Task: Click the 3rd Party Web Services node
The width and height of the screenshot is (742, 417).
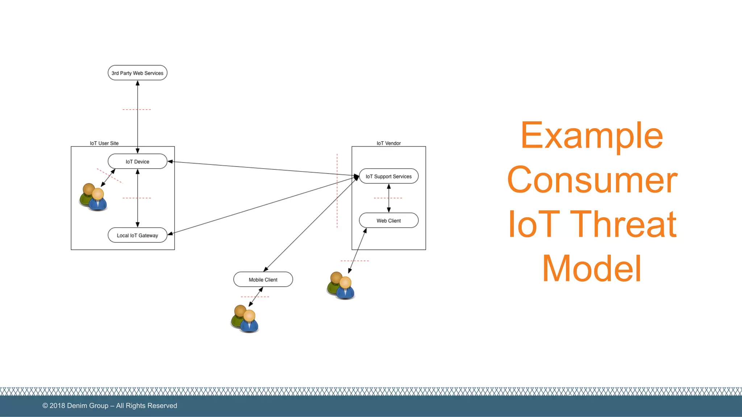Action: coord(137,73)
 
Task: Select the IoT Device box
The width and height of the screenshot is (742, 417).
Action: coord(137,161)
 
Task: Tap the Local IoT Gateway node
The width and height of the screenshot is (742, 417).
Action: coord(137,235)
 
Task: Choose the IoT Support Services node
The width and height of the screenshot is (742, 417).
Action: coord(388,176)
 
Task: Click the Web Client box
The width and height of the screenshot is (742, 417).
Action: coord(388,220)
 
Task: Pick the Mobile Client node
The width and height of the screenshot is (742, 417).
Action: coord(263,279)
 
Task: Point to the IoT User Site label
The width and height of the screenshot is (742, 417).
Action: coord(104,143)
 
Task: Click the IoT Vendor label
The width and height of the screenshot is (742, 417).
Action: coord(388,143)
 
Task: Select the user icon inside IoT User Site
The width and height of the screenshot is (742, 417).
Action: coord(93,197)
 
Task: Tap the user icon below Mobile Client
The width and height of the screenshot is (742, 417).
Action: coord(245,319)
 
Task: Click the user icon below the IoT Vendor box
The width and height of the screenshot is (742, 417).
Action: coord(341,286)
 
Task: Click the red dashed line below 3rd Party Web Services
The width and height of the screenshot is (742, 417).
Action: coord(137,109)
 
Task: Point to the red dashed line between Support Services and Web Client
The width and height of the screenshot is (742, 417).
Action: coord(388,198)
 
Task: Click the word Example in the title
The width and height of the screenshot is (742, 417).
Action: coord(592,135)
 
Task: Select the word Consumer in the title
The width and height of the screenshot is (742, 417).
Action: coord(592,180)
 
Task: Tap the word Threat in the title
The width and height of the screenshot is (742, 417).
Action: coord(623,224)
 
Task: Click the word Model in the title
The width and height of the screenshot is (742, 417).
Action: coord(592,269)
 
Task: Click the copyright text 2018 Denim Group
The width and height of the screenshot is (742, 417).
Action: coord(110,406)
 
